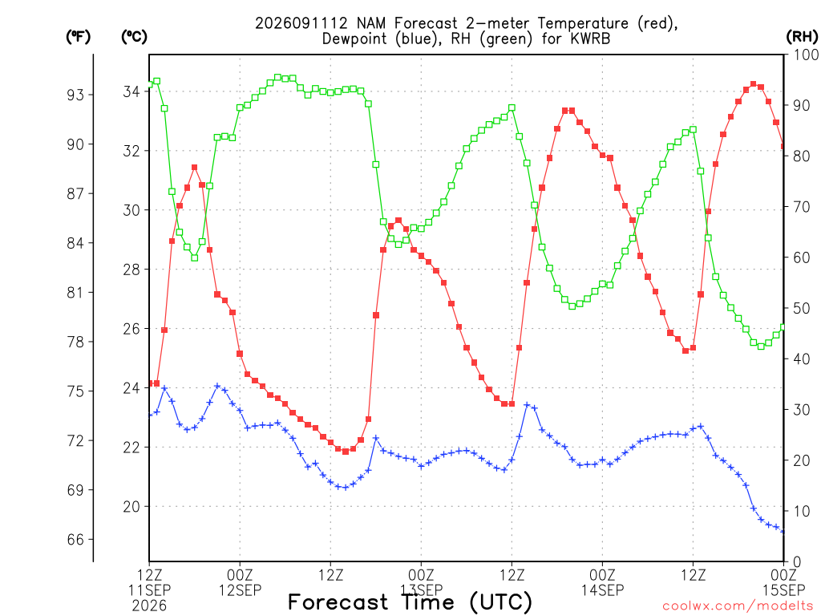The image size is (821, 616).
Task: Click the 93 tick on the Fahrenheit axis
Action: pos(75,95)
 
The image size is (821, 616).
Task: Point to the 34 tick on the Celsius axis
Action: pos(132,91)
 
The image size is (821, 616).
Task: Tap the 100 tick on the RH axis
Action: pos(805,55)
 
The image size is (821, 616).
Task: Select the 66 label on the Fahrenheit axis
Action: pos(75,540)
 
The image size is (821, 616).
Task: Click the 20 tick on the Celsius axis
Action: pos(132,507)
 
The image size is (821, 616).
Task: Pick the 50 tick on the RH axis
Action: pos(801,308)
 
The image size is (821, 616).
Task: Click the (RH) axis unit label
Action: pos(802,36)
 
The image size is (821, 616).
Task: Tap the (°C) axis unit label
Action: pos(134,36)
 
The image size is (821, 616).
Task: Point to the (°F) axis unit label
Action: pos(78,36)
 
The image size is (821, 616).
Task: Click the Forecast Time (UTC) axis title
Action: pos(410,602)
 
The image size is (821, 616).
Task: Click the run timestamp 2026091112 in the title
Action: pos(301,23)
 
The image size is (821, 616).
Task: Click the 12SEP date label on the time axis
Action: pos(240,590)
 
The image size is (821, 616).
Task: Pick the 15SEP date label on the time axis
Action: pos(784,590)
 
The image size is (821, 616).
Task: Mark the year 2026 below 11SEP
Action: pos(149,606)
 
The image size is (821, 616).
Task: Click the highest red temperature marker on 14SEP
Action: pos(754,84)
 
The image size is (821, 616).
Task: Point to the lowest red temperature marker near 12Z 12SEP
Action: pos(346,452)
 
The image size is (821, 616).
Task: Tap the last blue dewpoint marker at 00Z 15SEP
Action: pos(783,531)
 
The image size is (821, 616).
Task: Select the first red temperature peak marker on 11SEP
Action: pos(195,168)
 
